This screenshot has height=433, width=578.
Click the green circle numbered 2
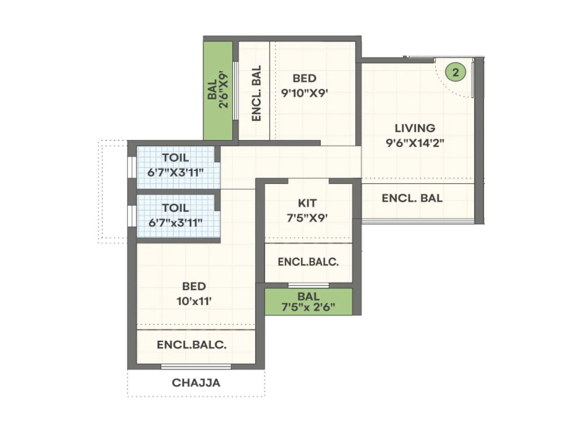[x=455, y=72]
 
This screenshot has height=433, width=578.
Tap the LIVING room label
[x=415, y=128]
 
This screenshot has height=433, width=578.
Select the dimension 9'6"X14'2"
[x=415, y=143]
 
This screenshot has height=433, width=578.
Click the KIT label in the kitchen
[x=307, y=203]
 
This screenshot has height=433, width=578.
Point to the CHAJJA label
[x=196, y=382]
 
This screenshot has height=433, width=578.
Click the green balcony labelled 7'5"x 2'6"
[x=308, y=302]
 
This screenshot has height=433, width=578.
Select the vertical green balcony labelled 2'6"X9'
[x=218, y=90]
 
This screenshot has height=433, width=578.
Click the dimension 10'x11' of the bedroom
[x=194, y=301]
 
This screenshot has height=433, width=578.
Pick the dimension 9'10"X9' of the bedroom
[x=304, y=93]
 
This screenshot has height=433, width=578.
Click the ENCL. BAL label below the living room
[x=412, y=198]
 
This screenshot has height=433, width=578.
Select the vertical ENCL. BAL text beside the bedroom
[x=256, y=93]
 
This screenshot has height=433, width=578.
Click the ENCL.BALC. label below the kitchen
[x=308, y=262]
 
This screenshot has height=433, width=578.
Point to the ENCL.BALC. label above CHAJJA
[x=191, y=345]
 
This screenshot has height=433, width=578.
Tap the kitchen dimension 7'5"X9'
[x=307, y=218]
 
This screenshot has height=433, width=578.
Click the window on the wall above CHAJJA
[x=196, y=367]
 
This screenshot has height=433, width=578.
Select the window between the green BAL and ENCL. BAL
[x=235, y=90]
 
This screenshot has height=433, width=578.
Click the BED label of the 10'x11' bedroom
[x=194, y=286]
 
